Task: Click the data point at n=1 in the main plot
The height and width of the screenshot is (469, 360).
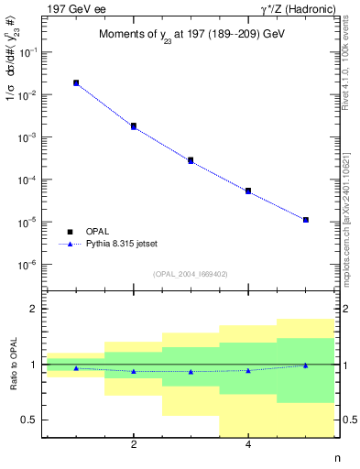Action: [76, 83]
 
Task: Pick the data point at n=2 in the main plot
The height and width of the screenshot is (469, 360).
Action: [134, 126]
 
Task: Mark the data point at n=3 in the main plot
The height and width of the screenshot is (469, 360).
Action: [191, 160]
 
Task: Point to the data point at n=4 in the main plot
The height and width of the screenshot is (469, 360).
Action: [248, 191]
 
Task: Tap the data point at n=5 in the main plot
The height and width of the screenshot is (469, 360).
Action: [306, 220]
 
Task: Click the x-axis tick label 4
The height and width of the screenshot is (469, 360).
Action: [248, 445]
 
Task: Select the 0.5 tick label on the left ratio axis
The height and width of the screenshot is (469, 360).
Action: [30, 420]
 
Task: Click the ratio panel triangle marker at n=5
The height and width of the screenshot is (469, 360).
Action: [306, 365]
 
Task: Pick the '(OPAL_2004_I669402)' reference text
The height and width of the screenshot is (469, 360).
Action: [190, 273]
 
